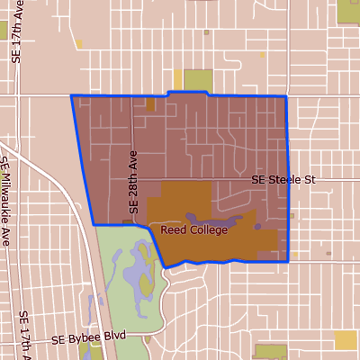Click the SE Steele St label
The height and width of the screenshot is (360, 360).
(284, 180)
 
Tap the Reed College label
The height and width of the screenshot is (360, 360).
(194, 229)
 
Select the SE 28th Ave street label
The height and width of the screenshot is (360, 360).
(133, 180)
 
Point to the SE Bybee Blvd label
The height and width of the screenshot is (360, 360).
(87, 339)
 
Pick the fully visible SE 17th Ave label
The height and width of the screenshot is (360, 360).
(15, 32)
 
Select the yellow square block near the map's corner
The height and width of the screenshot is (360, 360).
(346, 339)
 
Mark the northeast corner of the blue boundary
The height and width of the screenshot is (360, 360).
(285, 95)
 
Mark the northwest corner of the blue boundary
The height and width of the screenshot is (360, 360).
(71, 95)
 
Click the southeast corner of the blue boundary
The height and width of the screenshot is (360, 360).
(287, 261)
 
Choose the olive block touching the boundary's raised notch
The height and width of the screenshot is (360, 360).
(198, 80)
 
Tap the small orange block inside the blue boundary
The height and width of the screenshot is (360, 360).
(150, 104)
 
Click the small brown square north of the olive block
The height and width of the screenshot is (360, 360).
(206, 31)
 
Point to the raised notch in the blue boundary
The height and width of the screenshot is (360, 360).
(187, 92)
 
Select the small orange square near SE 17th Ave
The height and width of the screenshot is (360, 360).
(79, 43)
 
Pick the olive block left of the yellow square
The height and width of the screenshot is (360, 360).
(268, 352)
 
